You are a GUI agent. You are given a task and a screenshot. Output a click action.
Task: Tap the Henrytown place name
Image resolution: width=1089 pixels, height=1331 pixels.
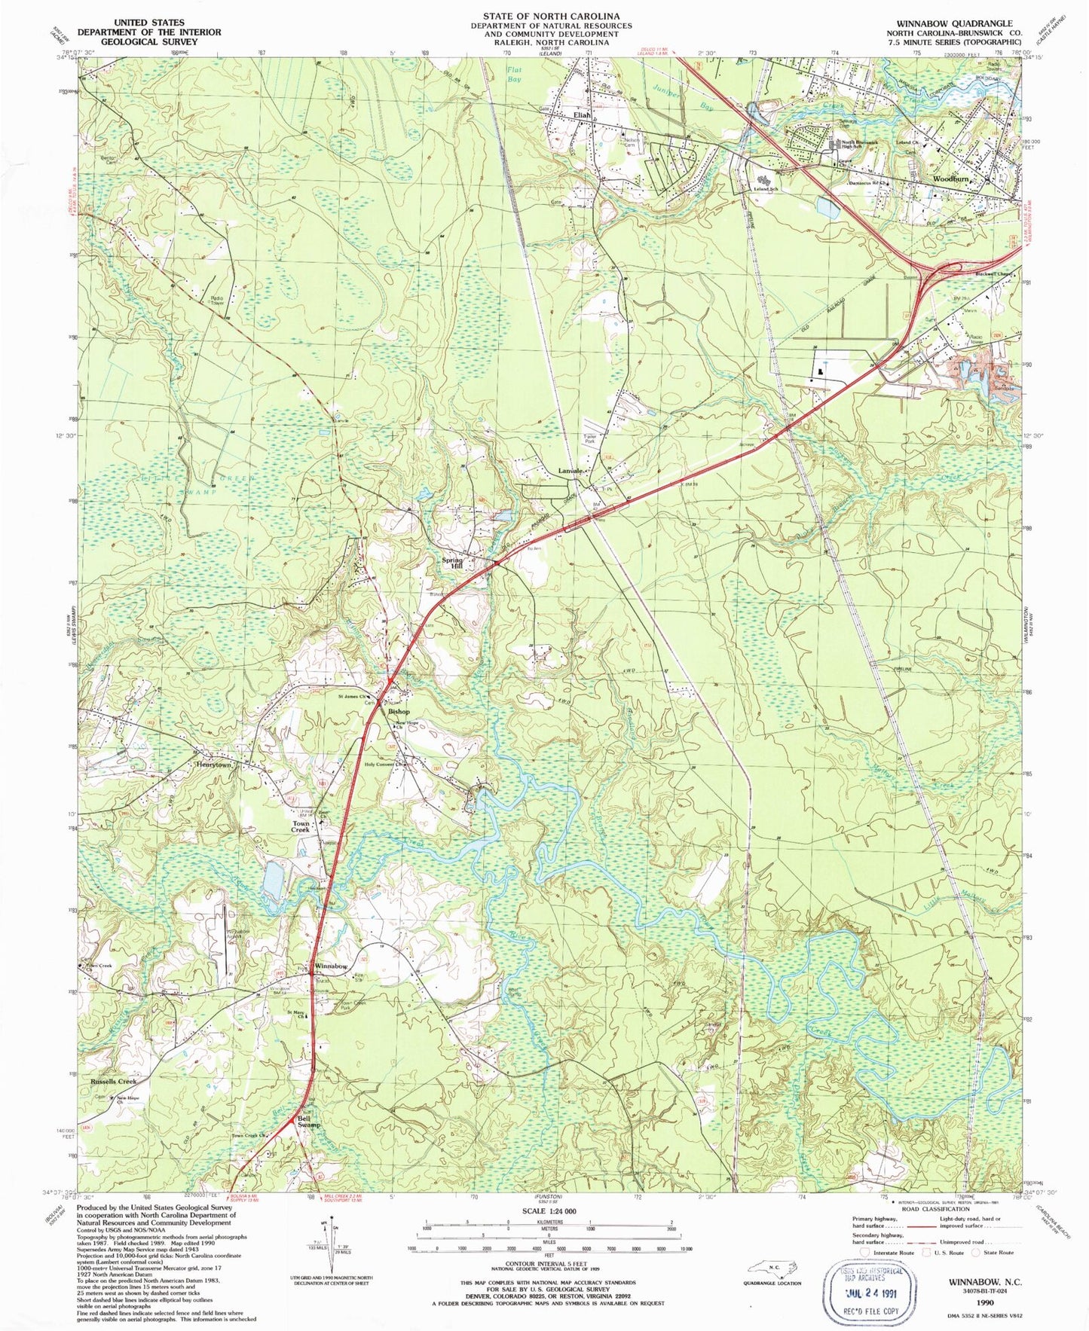213,764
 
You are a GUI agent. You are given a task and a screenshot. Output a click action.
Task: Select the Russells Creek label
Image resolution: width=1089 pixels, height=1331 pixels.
114,1081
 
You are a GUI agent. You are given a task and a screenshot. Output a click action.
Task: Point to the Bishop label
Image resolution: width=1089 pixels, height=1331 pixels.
399,711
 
